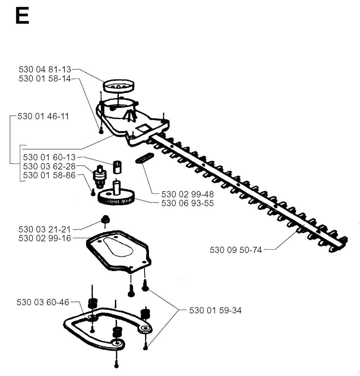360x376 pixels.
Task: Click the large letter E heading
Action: [22, 15]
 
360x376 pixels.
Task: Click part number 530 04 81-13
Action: [45, 70]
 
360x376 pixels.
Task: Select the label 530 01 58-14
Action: [45, 78]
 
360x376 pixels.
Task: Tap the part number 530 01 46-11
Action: [43, 116]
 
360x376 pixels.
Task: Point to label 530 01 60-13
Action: [50, 157]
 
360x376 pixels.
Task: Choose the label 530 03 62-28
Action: [50, 166]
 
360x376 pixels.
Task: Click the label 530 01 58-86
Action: [50, 175]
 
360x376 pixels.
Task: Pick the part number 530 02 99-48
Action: [187, 194]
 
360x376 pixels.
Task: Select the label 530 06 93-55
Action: [187, 203]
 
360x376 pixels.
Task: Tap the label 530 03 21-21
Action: [45, 229]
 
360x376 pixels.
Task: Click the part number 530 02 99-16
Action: [45, 238]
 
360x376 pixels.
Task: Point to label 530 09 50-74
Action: [236, 250]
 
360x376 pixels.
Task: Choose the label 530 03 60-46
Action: [43, 302]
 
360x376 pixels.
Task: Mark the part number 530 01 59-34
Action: [216, 310]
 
